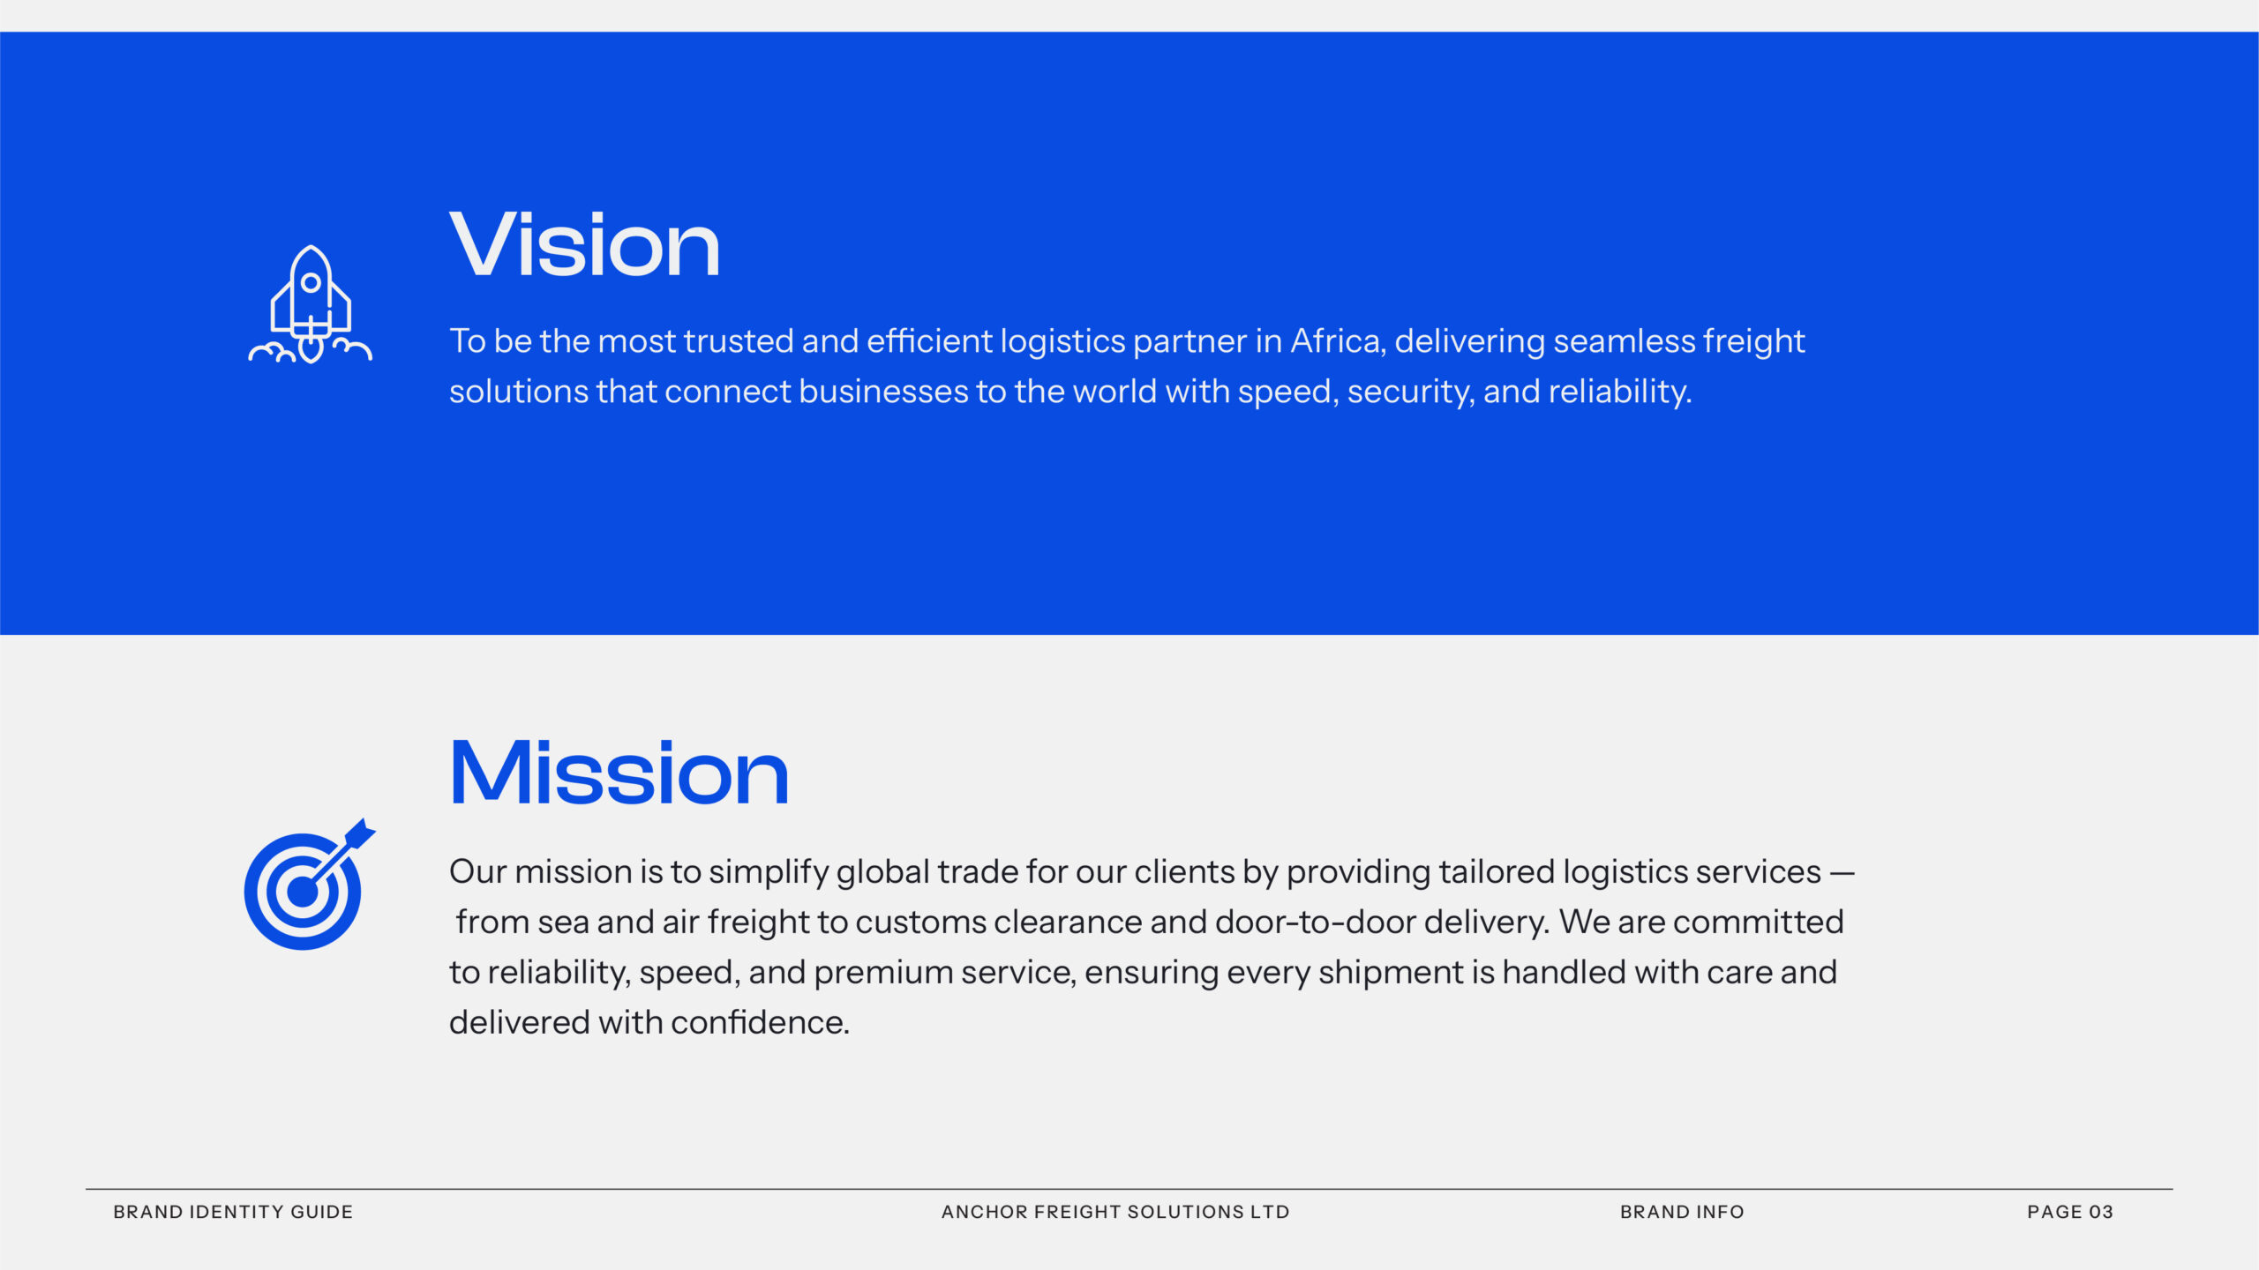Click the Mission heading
tap(619, 773)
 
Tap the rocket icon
tap(310, 304)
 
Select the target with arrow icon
tap(310, 884)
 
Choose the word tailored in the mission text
tap(1497, 872)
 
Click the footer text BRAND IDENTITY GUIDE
tap(233, 1212)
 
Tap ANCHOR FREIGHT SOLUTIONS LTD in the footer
tap(1115, 1212)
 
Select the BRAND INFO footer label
tap(1682, 1212)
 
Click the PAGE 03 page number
tap(2070, 1212)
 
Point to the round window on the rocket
tap(311, 283)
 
